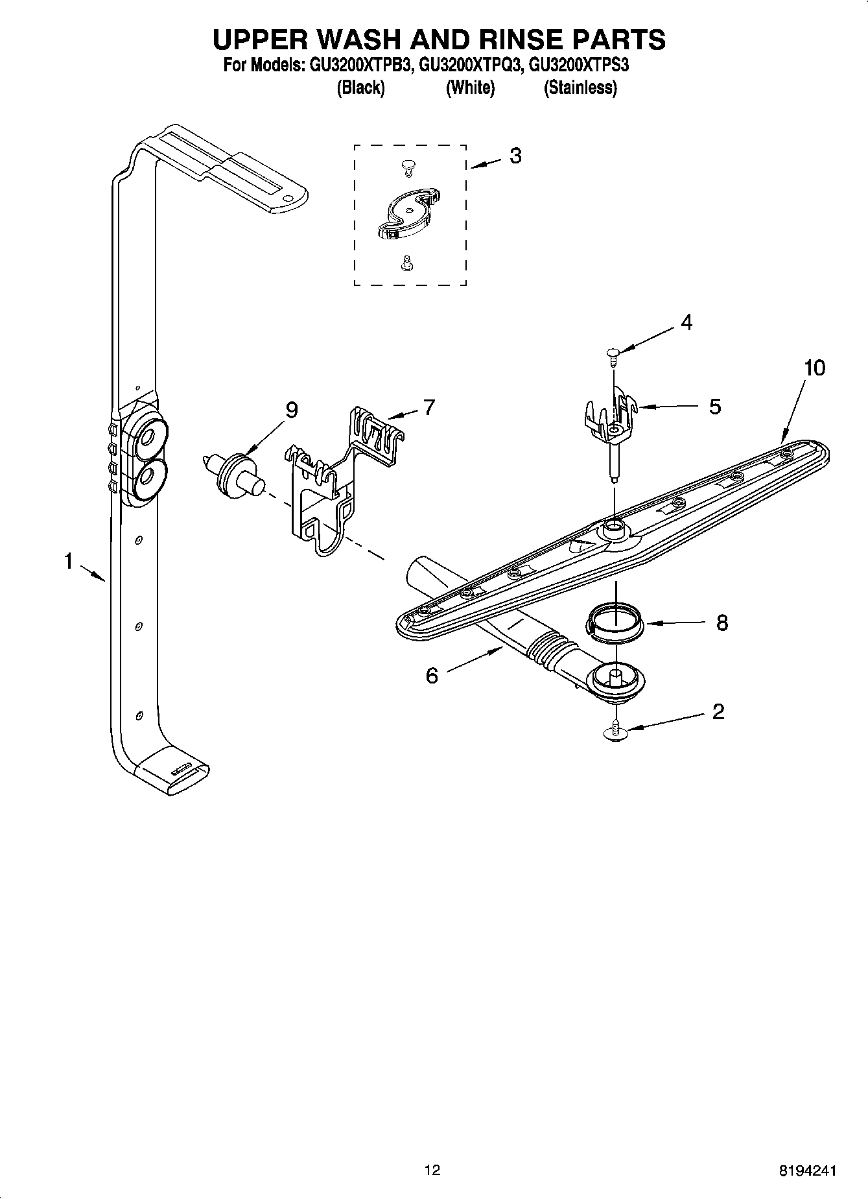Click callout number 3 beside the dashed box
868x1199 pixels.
(x=515, y=156)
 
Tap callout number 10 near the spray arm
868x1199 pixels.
(x=815, y=368)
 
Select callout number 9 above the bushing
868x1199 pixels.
(x=292, y=410)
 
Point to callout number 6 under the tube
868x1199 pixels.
(x=432, y=676)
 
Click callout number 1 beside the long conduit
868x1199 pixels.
(x=68, y=561)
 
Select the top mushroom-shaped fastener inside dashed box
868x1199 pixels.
(x=406, y=166)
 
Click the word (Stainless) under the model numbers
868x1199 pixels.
(x=580, y=88)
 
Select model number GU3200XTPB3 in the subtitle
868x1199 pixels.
(x=357, y=65)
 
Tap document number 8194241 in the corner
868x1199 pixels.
(x=807, y=1172)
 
